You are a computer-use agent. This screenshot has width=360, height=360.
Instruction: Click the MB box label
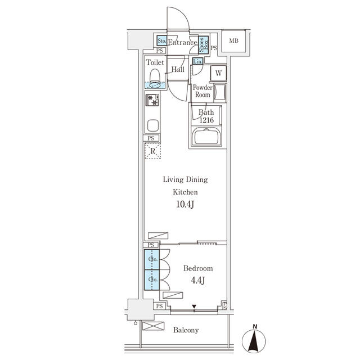pos(233,40)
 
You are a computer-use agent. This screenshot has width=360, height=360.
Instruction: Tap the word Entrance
pos(182,42)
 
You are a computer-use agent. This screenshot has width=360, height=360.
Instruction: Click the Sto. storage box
pos(161,41)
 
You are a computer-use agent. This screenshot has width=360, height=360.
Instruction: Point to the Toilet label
pos(155,63)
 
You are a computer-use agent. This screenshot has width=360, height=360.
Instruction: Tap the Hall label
pos(178,70)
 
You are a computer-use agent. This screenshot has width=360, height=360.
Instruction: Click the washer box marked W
pos(218,73)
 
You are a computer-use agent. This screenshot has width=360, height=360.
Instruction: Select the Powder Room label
pos(202,91)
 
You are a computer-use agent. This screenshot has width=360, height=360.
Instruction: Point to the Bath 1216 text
pos(206,116)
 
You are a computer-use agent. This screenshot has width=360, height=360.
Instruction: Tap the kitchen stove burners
pos(152,100)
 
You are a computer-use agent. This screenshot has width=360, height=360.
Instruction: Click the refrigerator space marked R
pos(152,150)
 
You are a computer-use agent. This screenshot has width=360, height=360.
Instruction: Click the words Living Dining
pos(185,180)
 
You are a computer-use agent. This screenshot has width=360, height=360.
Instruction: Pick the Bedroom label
pos(199,268)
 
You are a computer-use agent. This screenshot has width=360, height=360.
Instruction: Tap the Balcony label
pos(186,331)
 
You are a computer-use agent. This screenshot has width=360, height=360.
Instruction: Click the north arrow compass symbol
pos(255,340)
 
